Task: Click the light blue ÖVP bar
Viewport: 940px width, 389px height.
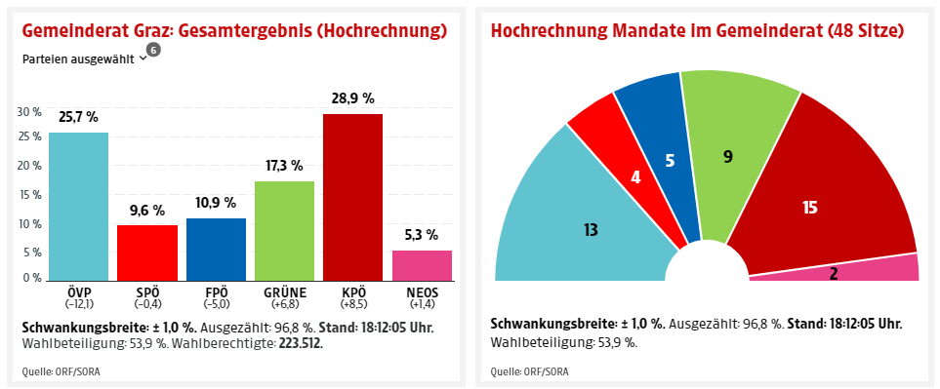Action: tap(78, 205)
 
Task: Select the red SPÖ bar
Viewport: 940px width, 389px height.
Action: tap(147, 252)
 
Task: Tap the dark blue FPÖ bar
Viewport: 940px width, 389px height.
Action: tap(216, 249)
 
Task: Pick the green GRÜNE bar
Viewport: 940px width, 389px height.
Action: tap(284, 230)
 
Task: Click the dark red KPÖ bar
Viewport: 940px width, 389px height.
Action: tap(352, 196)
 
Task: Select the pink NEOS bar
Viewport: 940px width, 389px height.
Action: tap(422, 264)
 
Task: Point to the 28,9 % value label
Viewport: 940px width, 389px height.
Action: tap(352, 98)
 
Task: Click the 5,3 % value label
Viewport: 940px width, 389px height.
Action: tap(422, 235)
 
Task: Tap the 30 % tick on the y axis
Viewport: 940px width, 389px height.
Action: tap(29, 111)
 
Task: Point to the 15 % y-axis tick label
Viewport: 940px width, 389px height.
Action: tap(29, 194)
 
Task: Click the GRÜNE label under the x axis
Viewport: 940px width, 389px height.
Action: tap(284, 292)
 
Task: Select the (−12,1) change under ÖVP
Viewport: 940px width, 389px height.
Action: tap(78, 305)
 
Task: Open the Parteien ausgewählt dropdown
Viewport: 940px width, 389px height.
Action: tap(84, 58)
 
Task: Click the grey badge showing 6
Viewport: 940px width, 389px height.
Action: tap(153, 50)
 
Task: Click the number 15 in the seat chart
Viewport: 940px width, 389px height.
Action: tap(809, 207)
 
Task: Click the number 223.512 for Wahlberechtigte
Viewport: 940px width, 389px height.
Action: tap(295, 342)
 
